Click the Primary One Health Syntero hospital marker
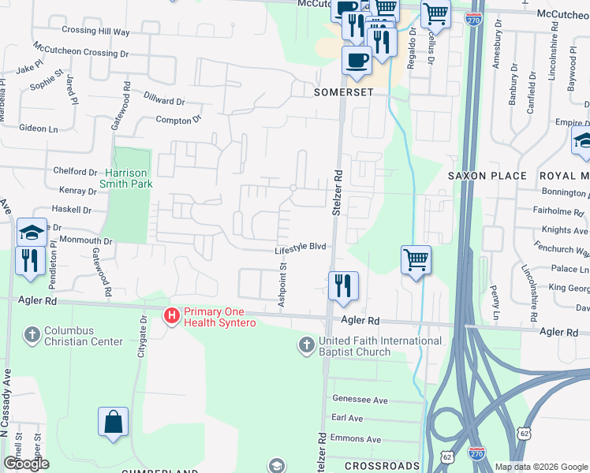170,316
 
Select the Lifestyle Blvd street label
301,248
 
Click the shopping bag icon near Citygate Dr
113,421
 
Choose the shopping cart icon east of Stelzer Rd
416,260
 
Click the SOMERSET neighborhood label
343,91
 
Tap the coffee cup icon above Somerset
357,60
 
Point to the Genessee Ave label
360,400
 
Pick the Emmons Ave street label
357,440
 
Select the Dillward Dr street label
165,101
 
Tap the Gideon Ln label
39,128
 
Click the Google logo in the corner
26,464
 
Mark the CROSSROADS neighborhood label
383,466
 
